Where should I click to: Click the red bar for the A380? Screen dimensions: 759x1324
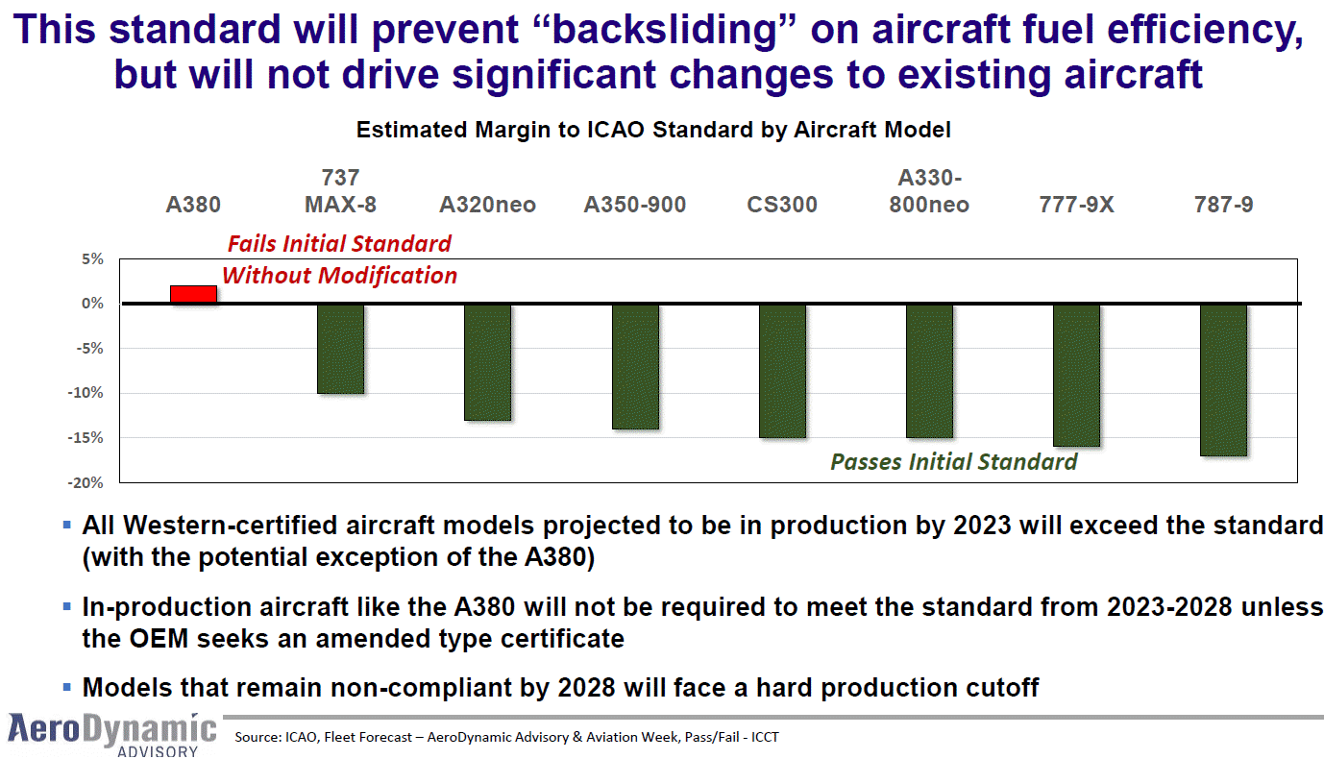[193, 294]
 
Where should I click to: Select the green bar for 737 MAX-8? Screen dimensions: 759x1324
[340, 349]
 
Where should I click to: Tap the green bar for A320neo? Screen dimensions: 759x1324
[487, 362]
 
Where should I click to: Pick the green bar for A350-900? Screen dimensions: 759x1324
[635, 366]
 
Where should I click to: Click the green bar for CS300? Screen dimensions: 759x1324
[782, 371]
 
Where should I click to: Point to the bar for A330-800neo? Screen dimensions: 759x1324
[929, 371]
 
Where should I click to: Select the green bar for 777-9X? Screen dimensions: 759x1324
[1076, 376]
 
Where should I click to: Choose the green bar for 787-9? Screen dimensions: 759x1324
[1223, 379]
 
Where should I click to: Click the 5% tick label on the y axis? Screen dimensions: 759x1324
[91, 258]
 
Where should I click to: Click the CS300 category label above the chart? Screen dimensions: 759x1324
[782, 205]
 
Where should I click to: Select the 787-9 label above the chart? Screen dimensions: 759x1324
[1223, 205]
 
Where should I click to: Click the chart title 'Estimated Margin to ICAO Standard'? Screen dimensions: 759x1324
[653, 130]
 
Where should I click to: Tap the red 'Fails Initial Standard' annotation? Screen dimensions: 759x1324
[339, 243]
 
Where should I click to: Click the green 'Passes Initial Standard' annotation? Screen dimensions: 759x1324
[953, 462]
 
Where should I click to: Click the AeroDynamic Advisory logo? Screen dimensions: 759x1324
[111, 734]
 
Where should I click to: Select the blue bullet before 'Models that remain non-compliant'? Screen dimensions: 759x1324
[66, 687]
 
